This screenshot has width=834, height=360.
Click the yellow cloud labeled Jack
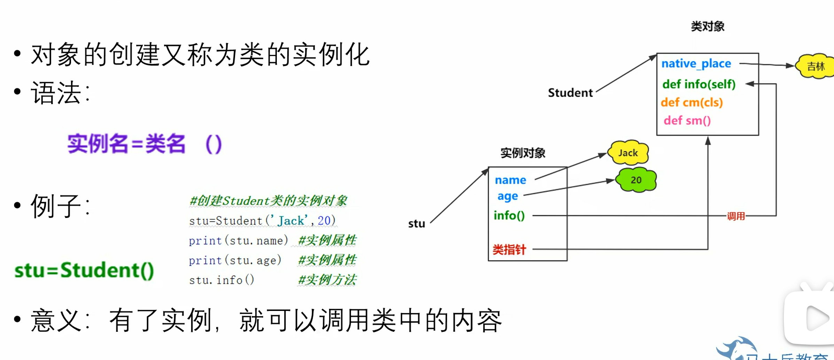pos(628,152)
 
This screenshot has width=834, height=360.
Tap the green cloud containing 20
pos(636,180)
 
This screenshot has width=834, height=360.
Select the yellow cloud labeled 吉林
pos(815,66)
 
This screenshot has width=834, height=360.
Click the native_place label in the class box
pos(696,64)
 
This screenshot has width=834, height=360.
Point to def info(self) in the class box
pos(699,84)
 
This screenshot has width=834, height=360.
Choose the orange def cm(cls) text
pos(692,102)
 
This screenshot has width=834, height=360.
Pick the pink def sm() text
pos(687,120)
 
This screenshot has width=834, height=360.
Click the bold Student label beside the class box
pos(570,93)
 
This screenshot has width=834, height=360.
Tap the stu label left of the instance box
pos(416,224)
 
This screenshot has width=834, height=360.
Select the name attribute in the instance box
pos(510,180)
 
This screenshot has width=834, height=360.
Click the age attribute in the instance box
pos(507,196)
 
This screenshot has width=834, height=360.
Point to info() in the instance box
pos(509,216)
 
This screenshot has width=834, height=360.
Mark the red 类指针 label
pos(509,250)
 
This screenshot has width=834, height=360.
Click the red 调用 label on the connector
pos(735,216)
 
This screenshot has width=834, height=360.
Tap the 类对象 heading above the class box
pos(707,26)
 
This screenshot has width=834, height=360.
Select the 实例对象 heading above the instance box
pos(523,153)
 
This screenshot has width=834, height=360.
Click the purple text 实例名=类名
pos(126,144)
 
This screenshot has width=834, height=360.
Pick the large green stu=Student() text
pos(84,271)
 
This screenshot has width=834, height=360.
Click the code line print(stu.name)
pos(238,241)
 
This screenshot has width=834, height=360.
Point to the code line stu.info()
pos(221,280)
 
